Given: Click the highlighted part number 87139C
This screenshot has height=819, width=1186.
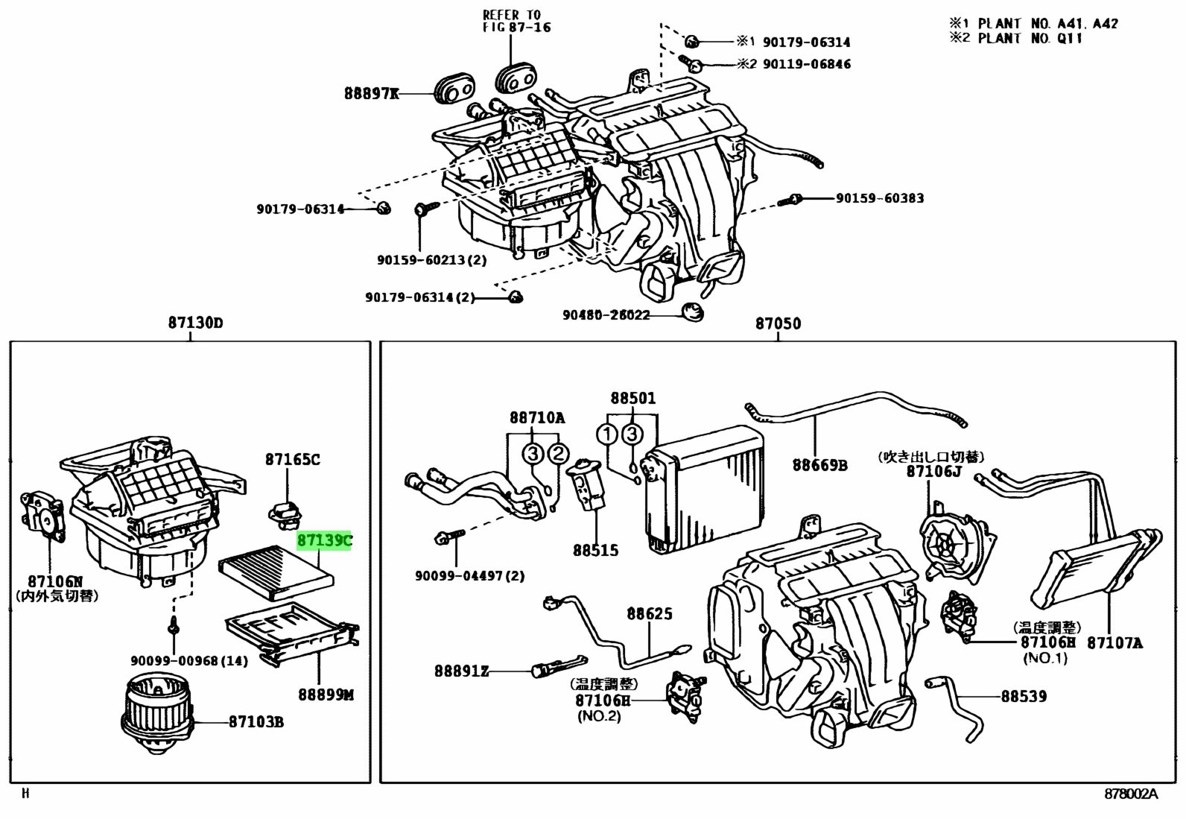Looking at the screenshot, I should (x=324, y=540).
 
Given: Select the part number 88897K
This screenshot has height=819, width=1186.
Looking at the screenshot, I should (x=371, y=94).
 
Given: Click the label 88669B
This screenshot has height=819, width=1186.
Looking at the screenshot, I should (x=819, y=465).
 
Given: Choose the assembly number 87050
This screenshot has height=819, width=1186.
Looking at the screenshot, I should (x=778, y=323).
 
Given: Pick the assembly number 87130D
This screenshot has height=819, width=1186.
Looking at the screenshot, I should (x=195, y=323).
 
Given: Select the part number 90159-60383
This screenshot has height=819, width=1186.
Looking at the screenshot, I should (x=879, y=198).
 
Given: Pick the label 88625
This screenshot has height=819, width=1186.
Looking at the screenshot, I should (x=649, y=613).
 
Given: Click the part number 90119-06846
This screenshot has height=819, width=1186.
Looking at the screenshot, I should (x=805, y=64).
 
